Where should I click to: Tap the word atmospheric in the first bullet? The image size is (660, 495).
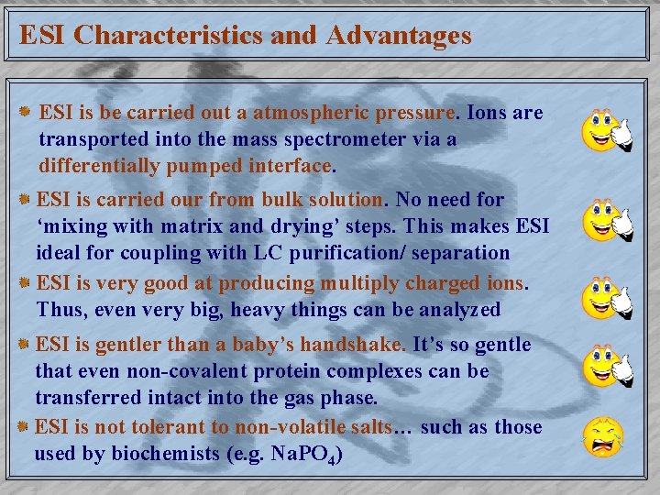(319, 113)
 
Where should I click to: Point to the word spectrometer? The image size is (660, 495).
(314, 139)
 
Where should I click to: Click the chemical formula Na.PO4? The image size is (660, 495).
(308, 455)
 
